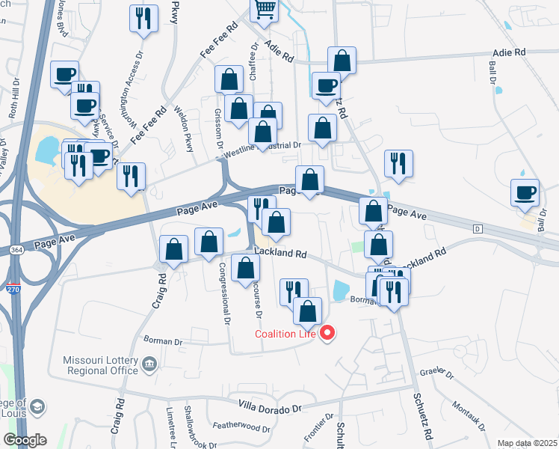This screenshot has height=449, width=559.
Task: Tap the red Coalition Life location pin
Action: pos(327,333)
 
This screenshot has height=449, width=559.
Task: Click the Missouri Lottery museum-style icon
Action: pos(149,365)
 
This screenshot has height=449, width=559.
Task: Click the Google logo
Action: pos(25,440)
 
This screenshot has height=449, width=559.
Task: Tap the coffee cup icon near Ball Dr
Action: pos(525,193)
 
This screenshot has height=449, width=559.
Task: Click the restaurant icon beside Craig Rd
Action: pos(131,177)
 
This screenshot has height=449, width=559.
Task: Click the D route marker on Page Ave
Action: pos(477,227)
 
